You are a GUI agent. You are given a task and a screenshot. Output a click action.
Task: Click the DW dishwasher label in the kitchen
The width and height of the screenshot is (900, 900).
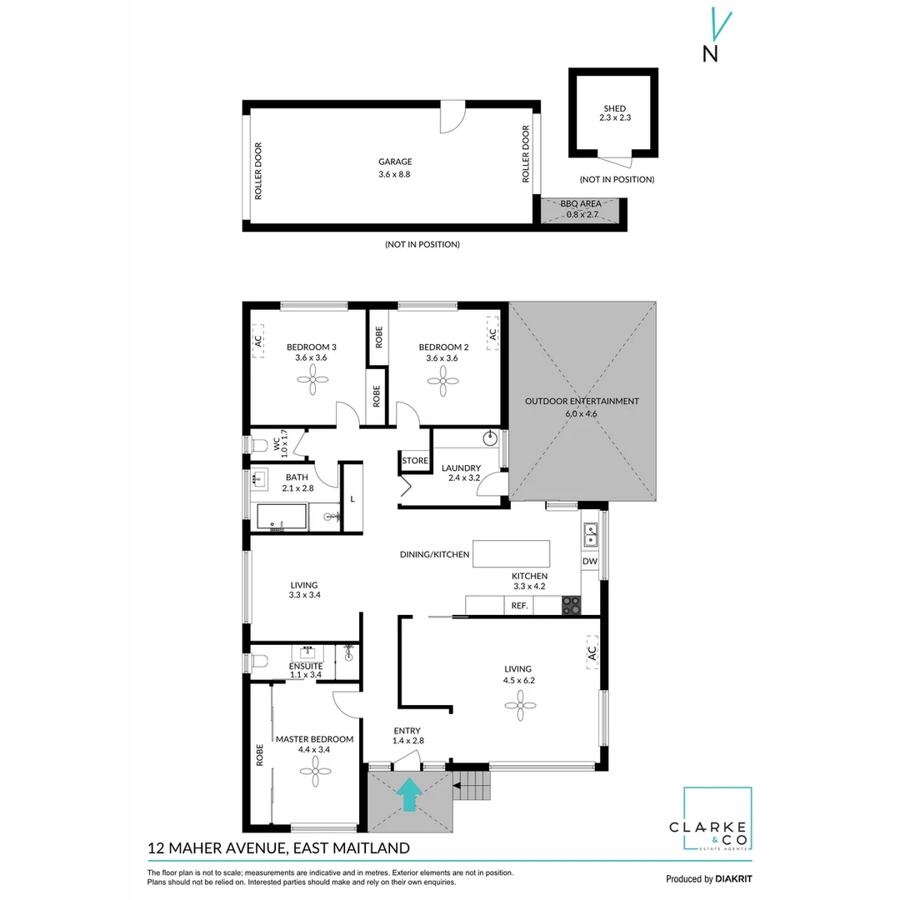590,562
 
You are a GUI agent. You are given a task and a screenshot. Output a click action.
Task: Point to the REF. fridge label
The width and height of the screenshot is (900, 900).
520,606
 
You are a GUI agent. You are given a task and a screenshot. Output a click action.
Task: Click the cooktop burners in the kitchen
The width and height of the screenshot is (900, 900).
571,605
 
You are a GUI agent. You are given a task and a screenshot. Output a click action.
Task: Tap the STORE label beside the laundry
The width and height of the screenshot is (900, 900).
415,461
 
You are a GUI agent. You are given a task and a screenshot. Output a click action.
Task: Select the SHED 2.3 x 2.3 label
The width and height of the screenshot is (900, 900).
614,113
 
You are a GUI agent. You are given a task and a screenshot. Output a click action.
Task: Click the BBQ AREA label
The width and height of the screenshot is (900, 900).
580,208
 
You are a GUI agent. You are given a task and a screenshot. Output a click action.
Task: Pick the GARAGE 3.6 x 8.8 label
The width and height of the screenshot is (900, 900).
395,168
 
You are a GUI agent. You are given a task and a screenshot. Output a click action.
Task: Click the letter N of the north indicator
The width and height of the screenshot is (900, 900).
711,54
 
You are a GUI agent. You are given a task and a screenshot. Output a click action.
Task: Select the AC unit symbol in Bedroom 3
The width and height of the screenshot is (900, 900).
258,341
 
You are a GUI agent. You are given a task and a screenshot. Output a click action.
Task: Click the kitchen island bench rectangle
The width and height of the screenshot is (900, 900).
511,553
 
